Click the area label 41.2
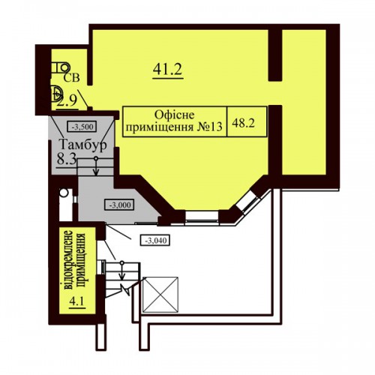(x=167, y=69)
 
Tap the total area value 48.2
(x=243, y=123)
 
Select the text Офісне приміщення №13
(x=174, y=121)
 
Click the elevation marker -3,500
(x=82, y=127)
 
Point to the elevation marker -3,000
(x=119, y=205)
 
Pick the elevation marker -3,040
(x=155, y=240)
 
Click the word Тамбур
(x=82, y=145)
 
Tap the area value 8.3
(x=66, y=158)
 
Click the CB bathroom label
(x=71, y=78)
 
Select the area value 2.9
(x=67, y=100)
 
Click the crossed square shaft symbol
(x=160, y=295)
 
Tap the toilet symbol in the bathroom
(x=61, y=67)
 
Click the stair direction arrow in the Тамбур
(x=96, y=166)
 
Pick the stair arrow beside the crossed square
(x=121, y=271)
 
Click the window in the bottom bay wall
(x=202, y=217)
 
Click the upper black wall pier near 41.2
(x=275, y=55)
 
